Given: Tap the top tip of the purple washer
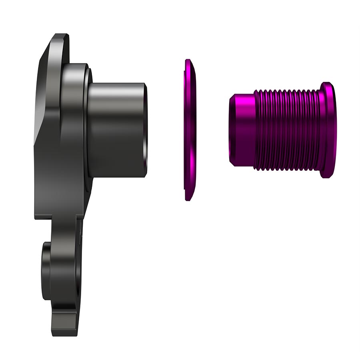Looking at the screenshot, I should tap(187, 61).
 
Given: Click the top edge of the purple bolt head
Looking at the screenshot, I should tap(328, 84).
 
